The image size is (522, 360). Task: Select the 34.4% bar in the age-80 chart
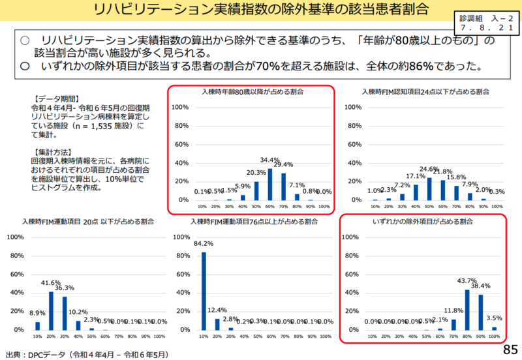click(270, 184)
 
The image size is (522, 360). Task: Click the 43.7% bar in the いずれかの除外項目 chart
click(467, 310)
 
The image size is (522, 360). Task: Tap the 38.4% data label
click(480, 286)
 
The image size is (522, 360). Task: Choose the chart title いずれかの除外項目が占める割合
click(422, 222)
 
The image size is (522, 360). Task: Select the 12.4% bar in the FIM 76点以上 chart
click(217, 323)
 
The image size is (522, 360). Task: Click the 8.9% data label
click(37, 314)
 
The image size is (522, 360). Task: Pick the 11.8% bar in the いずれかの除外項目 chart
click(453, 324)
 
